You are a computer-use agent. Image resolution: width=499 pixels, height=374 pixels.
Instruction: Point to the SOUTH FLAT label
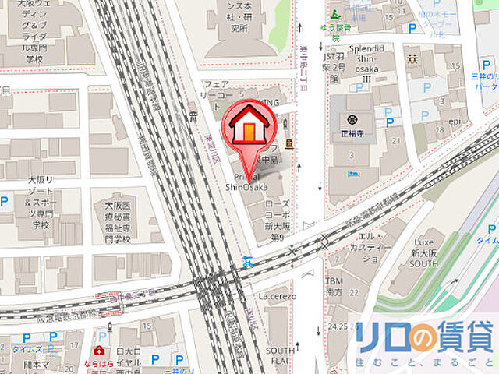pos(280,355)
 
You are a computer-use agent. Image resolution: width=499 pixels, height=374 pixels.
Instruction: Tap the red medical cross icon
pos(99,352)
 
